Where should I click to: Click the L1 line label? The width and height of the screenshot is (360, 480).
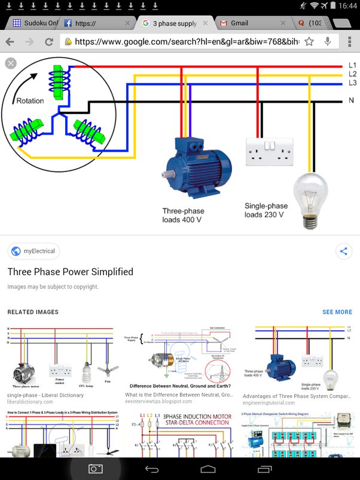[352, 65]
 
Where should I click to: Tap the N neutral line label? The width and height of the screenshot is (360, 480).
[352, 100]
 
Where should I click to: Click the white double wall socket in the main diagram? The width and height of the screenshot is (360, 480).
[270, 151]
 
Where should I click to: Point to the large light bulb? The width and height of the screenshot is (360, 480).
[311, 198]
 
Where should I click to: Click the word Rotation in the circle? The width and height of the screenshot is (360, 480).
[30, 101]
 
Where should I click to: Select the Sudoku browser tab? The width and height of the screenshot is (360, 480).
[36, 23]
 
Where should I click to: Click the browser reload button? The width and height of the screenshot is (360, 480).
[48, 42]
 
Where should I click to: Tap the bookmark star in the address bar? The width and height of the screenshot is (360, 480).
[309, 42]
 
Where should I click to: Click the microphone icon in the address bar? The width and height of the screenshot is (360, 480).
[328, 42]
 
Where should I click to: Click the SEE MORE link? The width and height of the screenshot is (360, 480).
[337, 312]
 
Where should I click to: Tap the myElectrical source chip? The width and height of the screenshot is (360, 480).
[33, 251]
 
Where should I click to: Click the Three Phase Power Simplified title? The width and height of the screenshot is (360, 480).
[70, 272]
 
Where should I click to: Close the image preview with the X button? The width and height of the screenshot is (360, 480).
[10, 63]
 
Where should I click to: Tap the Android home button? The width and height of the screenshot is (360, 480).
[208, 469]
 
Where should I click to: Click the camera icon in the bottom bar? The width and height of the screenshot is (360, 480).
[96, 469]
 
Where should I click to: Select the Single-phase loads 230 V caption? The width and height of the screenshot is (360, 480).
[264, 210]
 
